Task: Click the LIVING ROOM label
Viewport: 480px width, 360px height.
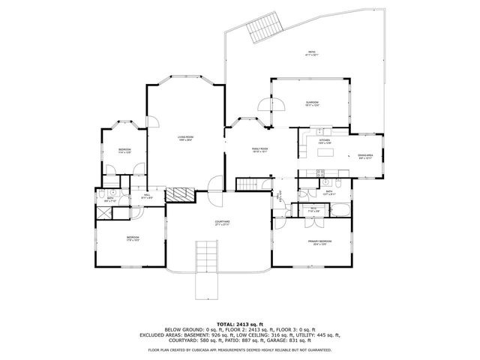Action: [185, 138]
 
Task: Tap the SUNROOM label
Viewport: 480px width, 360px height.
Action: [312, 103]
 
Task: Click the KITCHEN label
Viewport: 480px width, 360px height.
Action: [325, 142]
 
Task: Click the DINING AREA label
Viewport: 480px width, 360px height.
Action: [365, 156]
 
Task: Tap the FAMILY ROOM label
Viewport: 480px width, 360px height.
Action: [259, 150]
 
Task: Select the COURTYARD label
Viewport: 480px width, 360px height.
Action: [222, 223]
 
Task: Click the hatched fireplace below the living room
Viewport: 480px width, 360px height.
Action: [178, 194]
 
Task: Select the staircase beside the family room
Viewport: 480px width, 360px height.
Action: [247, 184]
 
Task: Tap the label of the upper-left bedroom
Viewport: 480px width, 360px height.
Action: [124, 151]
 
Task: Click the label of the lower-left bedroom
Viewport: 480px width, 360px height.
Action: [132, 238]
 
